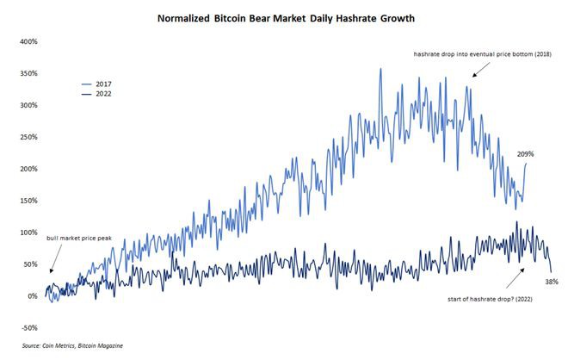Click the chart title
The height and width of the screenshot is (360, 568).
point(283,16)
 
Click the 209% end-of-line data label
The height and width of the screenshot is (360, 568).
point(527,154)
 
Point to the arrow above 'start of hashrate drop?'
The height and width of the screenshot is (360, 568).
point(517,276)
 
